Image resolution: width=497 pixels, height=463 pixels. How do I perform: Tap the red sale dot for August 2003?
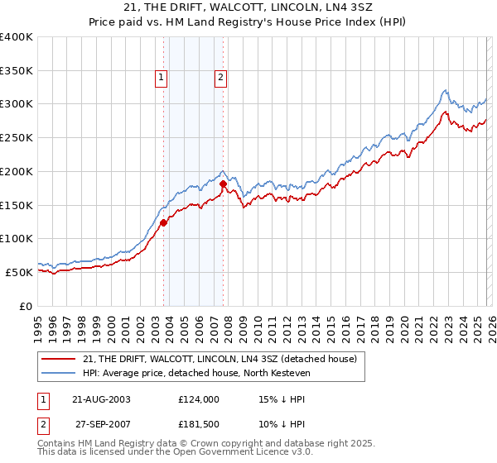point(163,222)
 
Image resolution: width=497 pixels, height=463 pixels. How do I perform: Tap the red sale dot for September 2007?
point(224,184)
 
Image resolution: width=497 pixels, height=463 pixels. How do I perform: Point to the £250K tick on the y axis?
point(17,137)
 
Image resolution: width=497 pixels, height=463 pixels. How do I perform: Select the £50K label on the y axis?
point(19,272)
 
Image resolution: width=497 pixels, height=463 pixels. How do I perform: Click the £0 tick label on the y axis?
point(27,306)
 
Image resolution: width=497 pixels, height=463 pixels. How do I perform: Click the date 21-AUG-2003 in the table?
point(102,399)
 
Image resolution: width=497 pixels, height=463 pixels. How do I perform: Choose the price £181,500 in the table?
point(198,424)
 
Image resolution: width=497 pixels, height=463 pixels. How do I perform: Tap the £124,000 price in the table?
point(198,399)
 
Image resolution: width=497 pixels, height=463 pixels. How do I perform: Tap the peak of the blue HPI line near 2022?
point(445,90)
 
